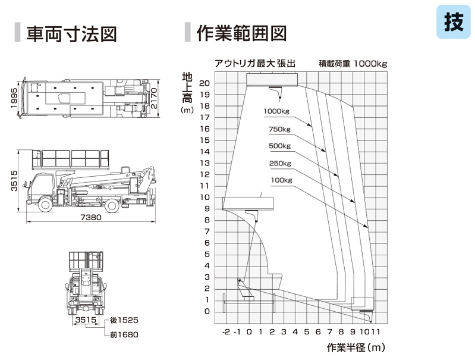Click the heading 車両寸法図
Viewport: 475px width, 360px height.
tap(71, 33)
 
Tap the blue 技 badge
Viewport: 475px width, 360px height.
tap(454, 22)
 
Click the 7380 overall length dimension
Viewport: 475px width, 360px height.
tap(90, 218)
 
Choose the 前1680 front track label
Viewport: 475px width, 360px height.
tap(122, 335)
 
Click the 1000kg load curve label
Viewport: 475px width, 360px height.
tap(277, 111)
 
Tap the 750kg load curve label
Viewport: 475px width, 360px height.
tap(279, 129)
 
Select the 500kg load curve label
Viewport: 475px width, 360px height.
tap(279, 146)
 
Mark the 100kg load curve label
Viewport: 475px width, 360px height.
tap(281, 180)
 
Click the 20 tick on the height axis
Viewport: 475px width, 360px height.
tap(205, 83)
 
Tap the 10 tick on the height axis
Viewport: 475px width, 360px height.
tap(205, 198)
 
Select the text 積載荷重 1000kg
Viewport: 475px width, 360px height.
tap(353, 64)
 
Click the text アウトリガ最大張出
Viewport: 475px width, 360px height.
tap(255, 64)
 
